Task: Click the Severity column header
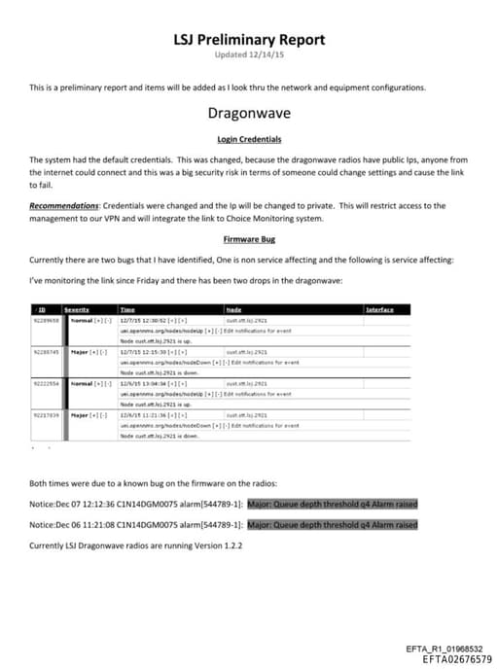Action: [77, 309]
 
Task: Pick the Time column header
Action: [127, 309]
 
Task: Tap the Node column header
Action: [232, 309]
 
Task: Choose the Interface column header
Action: [380, 309]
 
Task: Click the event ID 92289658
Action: [47, 319]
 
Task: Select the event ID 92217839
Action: [47, 415]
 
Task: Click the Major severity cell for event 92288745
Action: [84, 351]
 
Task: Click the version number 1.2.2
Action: [230, 546]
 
